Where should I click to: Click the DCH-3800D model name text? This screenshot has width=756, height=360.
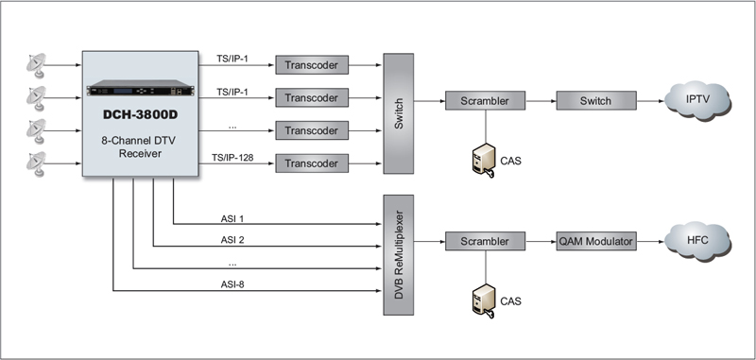click(x=140, y=114)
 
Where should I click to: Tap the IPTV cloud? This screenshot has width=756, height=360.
click(x=697, y=100)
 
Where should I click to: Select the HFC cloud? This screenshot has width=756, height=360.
click(x=697, y=241)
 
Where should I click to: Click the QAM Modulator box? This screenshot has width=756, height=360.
click(x=596, y=241)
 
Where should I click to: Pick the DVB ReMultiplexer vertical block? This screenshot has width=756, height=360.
click(x=398, y=255)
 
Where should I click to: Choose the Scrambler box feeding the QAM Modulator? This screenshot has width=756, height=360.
click(x=485, y=241)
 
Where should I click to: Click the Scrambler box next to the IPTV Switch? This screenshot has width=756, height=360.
click(x=485, y=101)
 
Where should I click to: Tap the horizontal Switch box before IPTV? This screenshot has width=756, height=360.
click(x=596, y=101)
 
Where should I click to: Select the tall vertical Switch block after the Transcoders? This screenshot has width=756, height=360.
click(x=398, y=113)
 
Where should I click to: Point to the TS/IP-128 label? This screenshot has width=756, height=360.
click(x=232, y=158)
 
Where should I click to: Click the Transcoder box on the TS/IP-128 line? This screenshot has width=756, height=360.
click(x=312, y=163)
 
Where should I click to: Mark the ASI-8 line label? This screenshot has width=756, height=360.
click(x=232, y=284)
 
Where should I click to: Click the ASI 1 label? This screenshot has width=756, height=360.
click(x=232, y=219)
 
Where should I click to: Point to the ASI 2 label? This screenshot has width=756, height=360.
click(x=232, y=239)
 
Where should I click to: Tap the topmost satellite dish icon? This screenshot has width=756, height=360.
click(x=37, y=65)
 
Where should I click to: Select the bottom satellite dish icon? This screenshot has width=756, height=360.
click(x=37, y=163)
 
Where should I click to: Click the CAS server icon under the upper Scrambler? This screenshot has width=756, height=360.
click(x=484, y=160)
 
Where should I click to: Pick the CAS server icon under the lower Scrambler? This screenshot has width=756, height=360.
click(x=484, y=300)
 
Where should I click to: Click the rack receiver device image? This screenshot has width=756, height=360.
click(x=140, y=88)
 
